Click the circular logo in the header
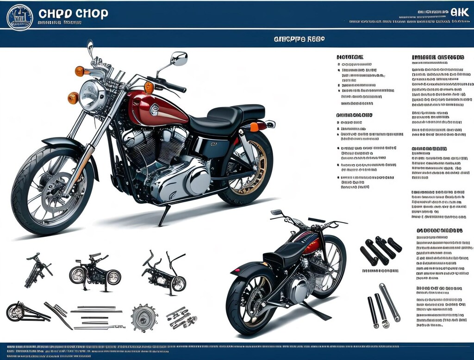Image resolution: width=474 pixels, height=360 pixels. [x=20, y=17]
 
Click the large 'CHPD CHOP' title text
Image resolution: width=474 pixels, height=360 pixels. [x=73, y=13]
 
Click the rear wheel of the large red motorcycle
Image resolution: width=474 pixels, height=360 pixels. [x=248, y=169]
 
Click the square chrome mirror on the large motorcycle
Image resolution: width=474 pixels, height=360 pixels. [x=179, y=59]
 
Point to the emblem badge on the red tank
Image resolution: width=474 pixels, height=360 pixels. [x=154, y=110]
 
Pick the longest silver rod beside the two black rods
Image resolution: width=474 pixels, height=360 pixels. [x=389, y=302]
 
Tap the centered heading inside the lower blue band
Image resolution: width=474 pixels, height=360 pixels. [x=299, y=39]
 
